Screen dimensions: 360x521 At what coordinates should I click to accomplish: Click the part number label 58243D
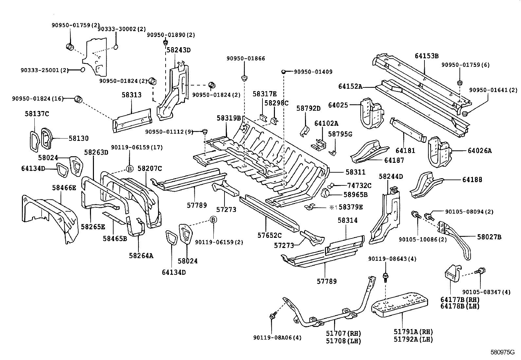(178, 50)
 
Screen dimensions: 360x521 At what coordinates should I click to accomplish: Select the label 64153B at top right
(426, 56)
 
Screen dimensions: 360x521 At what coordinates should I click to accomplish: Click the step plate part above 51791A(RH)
(401, 305)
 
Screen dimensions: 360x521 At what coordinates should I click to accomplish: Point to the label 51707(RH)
(343, 333)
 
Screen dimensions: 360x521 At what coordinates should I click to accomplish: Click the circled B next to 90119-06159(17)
(130, 169)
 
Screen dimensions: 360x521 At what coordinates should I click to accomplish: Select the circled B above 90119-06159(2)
(213, 219)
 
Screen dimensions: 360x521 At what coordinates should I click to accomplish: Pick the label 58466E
(64, 187)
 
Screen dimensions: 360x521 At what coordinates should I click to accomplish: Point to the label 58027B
(489, 237)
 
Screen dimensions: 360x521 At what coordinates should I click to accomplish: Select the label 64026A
(479, 151)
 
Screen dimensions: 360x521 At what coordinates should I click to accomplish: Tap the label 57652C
(269, 235)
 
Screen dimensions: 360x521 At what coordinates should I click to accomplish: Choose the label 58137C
(37, 114)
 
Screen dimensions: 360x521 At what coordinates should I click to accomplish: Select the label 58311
(355, 172)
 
